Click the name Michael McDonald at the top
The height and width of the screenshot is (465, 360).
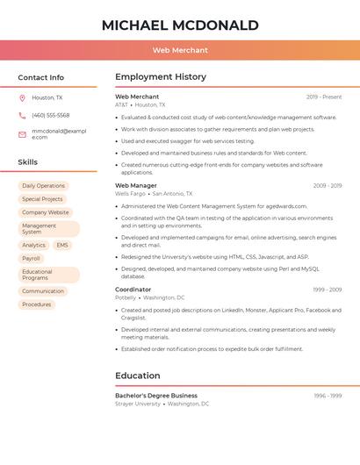coord(180,25)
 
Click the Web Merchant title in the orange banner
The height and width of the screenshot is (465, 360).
coord(180,51)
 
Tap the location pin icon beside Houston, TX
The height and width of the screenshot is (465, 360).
coord(22,97)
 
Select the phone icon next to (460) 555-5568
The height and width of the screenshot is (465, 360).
coord(22,115)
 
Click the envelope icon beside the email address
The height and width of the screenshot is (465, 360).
coord(22,134)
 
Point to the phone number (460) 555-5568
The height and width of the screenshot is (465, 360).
coord(51,115)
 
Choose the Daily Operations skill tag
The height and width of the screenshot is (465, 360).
coord(43,186)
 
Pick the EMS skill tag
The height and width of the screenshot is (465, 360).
coord(61,246)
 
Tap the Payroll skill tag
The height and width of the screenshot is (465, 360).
coord(31,259)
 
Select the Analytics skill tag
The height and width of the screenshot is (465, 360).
coord(33,246)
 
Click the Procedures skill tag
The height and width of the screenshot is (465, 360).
coord(36,304)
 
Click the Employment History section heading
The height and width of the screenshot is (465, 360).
coord(160,77)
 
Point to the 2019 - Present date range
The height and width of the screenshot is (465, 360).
coord(324,97)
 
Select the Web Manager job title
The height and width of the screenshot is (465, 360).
coord(136,186)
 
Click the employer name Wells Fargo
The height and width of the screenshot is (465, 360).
coord(130,194)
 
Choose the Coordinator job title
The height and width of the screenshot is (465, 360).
coord(133,290)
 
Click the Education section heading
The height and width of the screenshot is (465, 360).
coord(137,376)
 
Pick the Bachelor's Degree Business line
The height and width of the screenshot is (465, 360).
coord(156,396)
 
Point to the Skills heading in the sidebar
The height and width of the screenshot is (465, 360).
coord(27,162)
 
